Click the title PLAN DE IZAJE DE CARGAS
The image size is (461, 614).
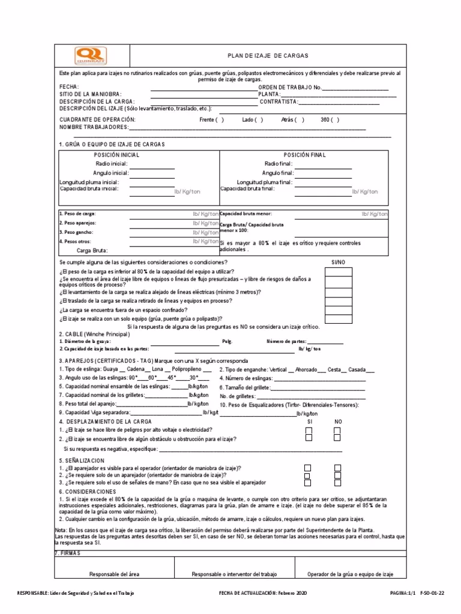[268, 55]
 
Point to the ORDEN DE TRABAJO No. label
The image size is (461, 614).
[286, 88]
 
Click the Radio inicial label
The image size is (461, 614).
[112, 163]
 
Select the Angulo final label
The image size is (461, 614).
[277, 173]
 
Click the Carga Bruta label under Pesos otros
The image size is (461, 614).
[92, 251]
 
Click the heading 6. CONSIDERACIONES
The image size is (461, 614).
[87, 491]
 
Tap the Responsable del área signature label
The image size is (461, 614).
[114, 574]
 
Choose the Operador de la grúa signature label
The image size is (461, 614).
[350, 574]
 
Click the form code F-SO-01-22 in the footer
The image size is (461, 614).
[432, 593]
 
